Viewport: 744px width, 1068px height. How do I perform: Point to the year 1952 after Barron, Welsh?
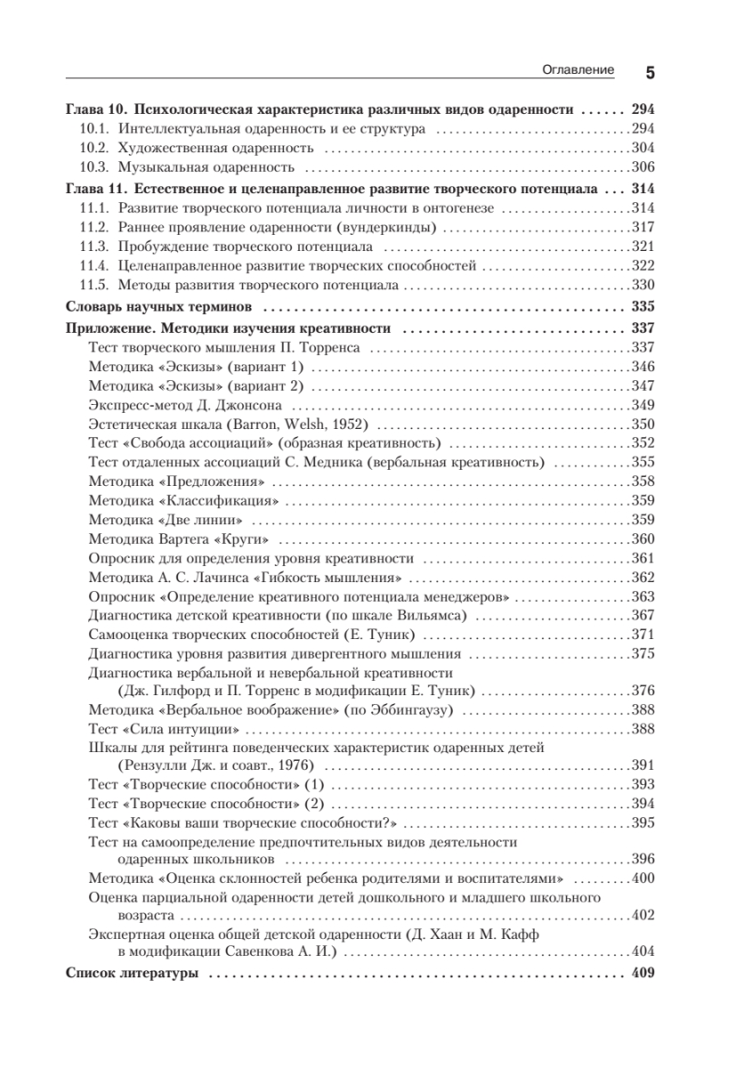tap(344, 425)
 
